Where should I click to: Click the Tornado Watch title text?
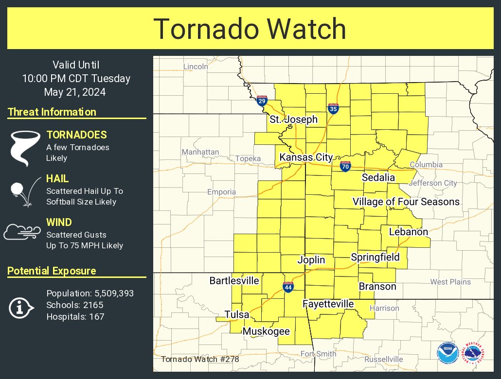point(250,29)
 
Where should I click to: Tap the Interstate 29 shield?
point(262,101)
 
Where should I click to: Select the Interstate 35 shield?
point(333,108)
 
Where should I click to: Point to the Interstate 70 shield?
point(345,166)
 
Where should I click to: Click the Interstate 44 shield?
point(288,287)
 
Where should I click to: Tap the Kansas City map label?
point(306,157)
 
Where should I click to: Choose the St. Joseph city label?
point(294,120)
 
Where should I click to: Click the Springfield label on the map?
point(375,257)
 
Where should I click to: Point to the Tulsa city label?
point(237,314)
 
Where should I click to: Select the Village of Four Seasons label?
point(406,202)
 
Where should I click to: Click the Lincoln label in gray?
point(196,66)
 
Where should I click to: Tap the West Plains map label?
point(450,282)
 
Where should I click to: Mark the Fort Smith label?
point(319,354)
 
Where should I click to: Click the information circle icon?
point(20,308)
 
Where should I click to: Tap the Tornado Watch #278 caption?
point(200,360)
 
